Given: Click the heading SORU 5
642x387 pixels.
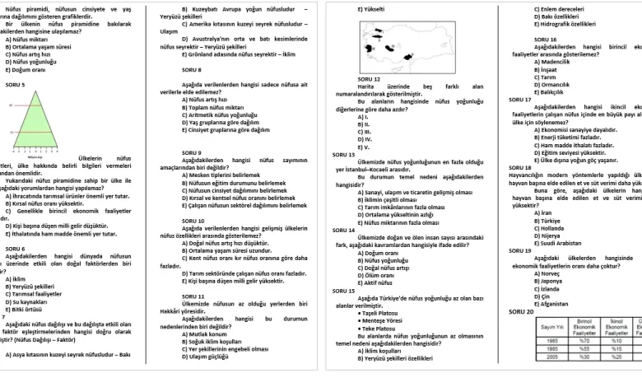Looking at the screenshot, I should click(x=15, y=85).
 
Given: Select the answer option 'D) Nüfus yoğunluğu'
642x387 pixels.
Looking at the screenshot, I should click(x=29, y=62).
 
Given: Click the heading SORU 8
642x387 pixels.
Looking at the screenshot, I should click(x=191, y=69).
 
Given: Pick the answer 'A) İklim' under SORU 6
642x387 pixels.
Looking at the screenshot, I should click(x=15, y=278).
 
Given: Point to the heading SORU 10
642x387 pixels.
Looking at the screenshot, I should click(x=193, y=221).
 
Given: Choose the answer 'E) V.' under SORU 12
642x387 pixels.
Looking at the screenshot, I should click(x=363, y=147).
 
